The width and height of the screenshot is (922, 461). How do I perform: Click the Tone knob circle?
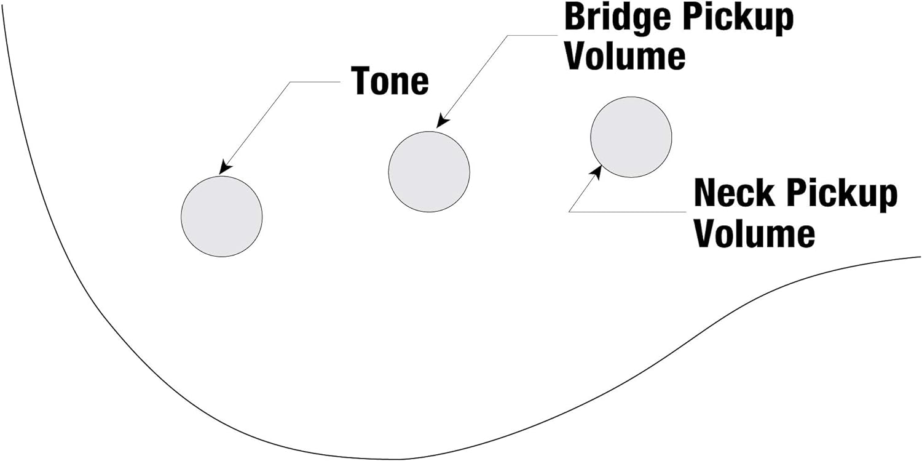pyautogui.click(x=222, y=216)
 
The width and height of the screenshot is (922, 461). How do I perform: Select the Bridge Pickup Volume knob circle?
pyautogui.click(x=429, y=172)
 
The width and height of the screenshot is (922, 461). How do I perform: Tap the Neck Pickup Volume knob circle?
pyautogui.click(x=631, y=137)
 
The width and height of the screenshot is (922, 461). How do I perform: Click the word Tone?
pyautogui.click(x=390, y=81)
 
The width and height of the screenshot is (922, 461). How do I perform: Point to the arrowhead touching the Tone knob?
pyautogui.click(x=226, y=167)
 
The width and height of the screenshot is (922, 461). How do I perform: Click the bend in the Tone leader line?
pyautogui.click(x=290, y=82)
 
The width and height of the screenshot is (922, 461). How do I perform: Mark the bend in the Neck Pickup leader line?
pyautogui.click(x=569, y=211)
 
